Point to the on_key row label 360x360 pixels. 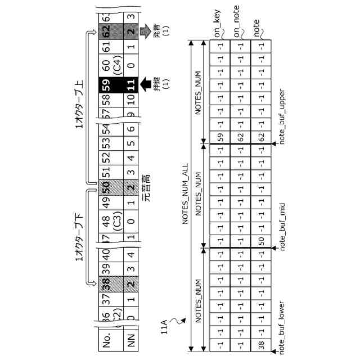pyautogui.click(x=218, y=22)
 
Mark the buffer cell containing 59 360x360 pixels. pyautogui.click(x=220, y=137)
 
